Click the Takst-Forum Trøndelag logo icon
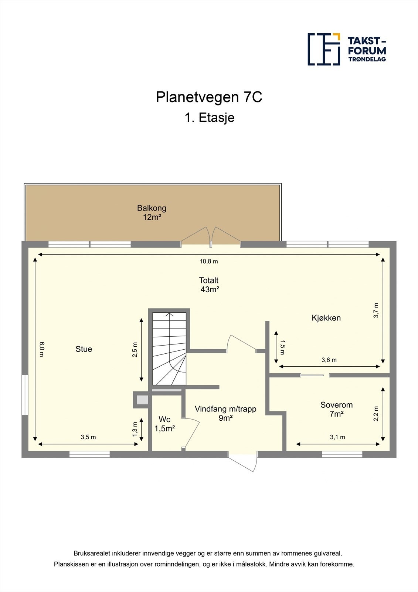(324, 49)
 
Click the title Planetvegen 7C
(209, 97)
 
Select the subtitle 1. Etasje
(209, 118)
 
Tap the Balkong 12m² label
(152, 212)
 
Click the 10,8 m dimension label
(209, 261)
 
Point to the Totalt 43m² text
(209, 285)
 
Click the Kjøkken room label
(326, 318)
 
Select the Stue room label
(84, 349)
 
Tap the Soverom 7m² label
(336, 409)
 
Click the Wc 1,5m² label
(164, 424)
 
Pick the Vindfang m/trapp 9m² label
(225, 413)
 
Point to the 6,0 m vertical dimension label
(42, 349)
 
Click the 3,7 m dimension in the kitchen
(376, 310)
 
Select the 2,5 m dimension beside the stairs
(135, 350)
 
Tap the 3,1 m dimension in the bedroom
(337, 437)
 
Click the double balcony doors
(211, 237)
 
